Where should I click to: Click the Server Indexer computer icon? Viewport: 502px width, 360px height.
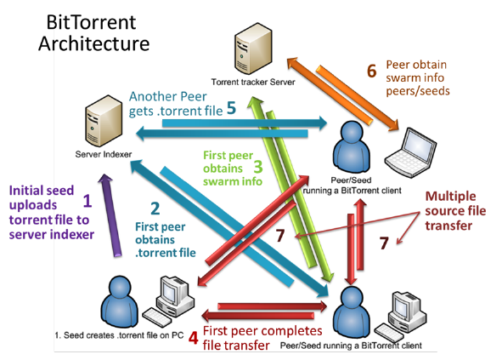104,121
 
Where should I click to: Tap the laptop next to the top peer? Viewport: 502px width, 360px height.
410,152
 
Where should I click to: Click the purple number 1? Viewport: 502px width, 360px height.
87,201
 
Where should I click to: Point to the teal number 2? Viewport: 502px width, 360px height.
155,209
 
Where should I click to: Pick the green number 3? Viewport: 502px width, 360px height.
258,167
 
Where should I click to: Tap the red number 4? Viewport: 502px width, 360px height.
193,338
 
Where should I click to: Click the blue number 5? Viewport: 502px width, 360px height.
231,108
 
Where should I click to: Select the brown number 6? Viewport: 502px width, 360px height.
371,71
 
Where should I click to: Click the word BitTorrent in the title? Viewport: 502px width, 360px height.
91,22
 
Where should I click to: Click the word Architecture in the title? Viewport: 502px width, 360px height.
93,43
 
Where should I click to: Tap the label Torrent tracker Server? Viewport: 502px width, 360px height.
253,83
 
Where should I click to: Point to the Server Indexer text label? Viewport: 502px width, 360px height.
104,154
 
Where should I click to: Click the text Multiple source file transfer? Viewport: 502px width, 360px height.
455,211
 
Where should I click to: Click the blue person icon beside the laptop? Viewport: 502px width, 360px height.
352,147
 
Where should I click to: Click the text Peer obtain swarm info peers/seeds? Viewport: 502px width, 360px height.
417,78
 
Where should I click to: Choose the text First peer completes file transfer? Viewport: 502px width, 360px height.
262,338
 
